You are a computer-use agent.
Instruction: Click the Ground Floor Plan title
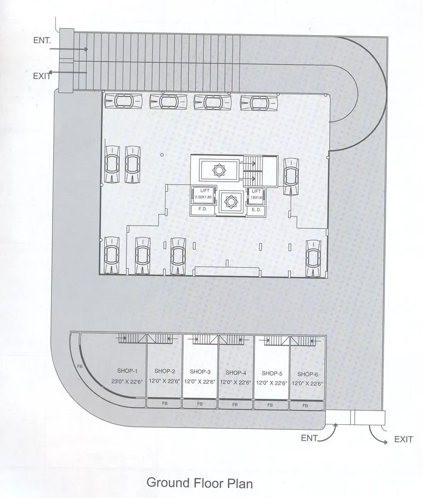[200, 482]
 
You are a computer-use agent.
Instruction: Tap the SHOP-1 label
[127, 371]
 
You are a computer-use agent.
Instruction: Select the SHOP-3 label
[200, 372]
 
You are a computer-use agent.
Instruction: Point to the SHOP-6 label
[307, 374]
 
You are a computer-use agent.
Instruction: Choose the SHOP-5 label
[272, 373]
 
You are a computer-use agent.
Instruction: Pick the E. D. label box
[255, 209]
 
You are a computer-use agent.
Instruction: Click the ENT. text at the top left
[42, 40]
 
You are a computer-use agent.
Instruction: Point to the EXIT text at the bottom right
[403, 440]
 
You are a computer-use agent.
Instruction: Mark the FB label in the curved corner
[80, 367]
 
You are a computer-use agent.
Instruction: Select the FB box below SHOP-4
[235, 405]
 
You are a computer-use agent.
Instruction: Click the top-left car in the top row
[120, 100]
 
